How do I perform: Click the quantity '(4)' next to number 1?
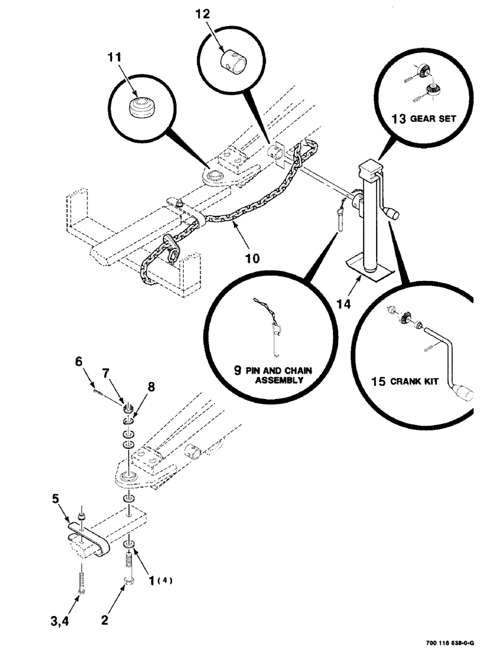click(x=166, y=579)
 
